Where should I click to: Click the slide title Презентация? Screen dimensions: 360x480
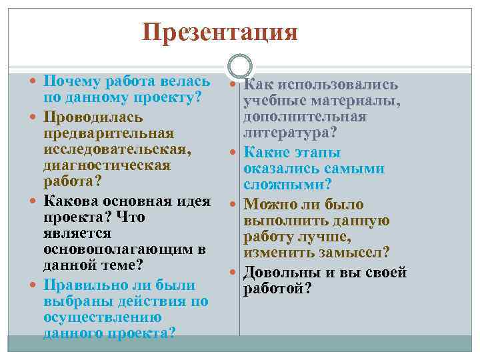tap(220, 31)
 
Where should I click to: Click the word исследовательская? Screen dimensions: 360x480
tap(115, 149)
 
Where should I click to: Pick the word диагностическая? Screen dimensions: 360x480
tap(105, 166)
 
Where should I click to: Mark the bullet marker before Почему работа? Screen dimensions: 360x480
tap(34, 82)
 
